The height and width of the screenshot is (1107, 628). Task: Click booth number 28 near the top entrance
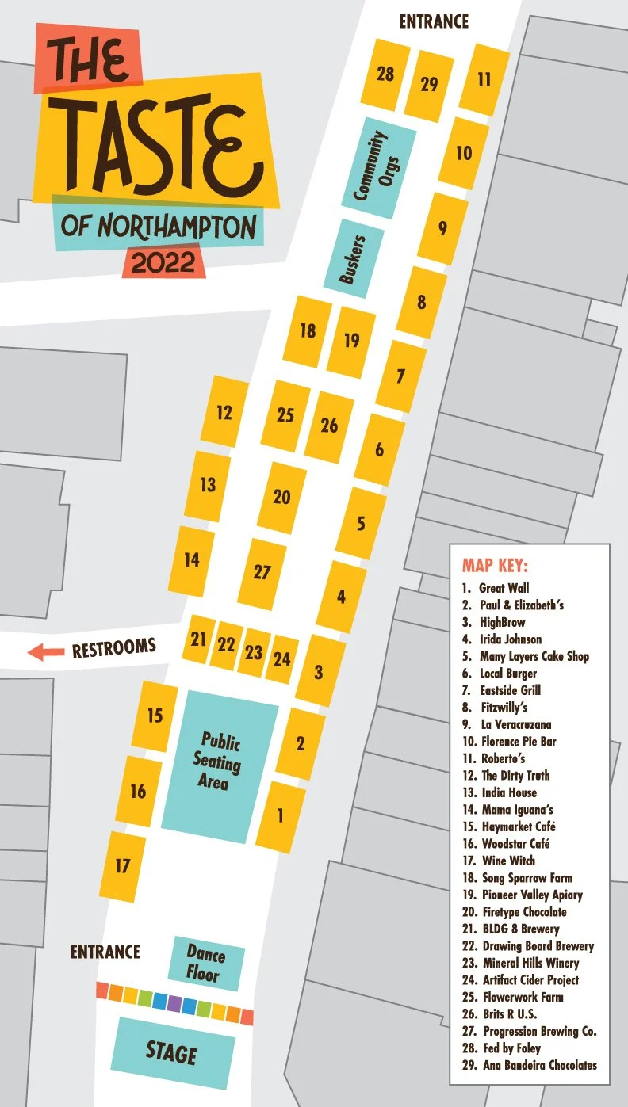point(385,74)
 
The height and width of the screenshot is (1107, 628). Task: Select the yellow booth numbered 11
point(484,79)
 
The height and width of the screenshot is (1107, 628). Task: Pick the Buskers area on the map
point(354,258)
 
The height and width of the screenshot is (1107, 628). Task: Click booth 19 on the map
point(351,341)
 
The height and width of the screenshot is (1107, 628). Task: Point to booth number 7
point(400,376)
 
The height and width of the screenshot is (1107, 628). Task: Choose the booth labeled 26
point(329,426)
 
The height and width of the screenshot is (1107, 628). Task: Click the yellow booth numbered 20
point(281,498)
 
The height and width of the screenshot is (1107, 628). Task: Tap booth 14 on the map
point(191,560)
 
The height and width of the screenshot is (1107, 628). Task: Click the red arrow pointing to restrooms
point(45,652)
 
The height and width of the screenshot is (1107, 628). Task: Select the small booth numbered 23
point(254,652)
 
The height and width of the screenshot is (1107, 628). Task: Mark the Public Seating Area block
point(220,761)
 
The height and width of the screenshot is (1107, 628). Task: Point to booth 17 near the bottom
point(122,866)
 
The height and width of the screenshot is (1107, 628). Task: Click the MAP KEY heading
point(495,567)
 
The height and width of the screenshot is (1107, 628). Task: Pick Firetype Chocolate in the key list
point(524,912)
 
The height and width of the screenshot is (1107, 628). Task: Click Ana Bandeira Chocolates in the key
point(539,1065)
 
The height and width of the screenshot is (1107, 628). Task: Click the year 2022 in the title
point(163,262)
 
